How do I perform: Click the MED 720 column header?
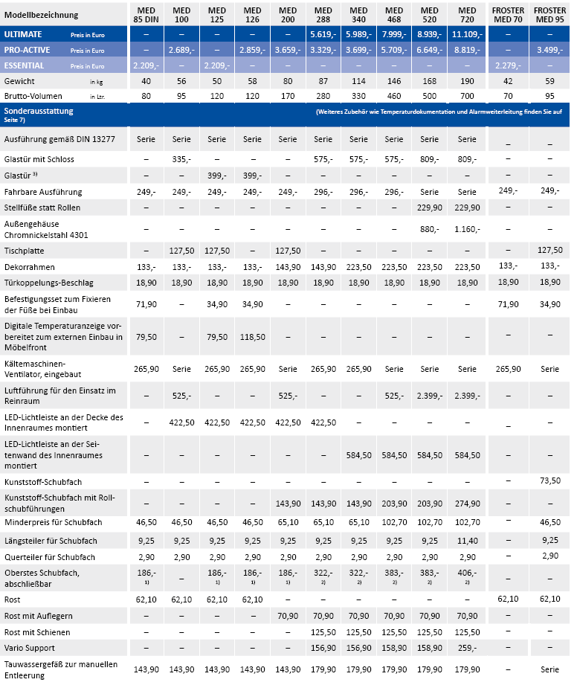tap(467, 15)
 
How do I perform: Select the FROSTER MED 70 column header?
tap(508, 15)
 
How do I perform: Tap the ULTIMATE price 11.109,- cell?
tap(467, 34)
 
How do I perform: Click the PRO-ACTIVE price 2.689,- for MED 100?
tap(181, 50)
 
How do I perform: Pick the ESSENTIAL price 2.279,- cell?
tap(508, 65)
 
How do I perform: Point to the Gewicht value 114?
tap(358, 81)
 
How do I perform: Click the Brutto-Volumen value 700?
tap(467, 96)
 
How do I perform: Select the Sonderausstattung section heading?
tap(39, 111)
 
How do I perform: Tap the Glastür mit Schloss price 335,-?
tap(181, 159)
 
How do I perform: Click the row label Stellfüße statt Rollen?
tap(42, 208)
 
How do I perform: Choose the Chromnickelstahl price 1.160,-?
tap(467, 229)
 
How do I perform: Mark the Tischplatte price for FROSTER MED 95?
tap(549, 250)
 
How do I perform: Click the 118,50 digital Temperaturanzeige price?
tap(252, 337)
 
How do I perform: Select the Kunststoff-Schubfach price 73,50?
tap(549, 481)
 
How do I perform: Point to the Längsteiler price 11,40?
tap(467, 541)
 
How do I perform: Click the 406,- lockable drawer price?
tap(467, 573)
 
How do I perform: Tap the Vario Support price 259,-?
tap(467, 648)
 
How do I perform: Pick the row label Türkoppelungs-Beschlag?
tap(49, 283)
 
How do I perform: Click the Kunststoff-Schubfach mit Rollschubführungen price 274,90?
tap(467, 504)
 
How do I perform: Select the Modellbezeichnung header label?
tap(41, 15)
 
